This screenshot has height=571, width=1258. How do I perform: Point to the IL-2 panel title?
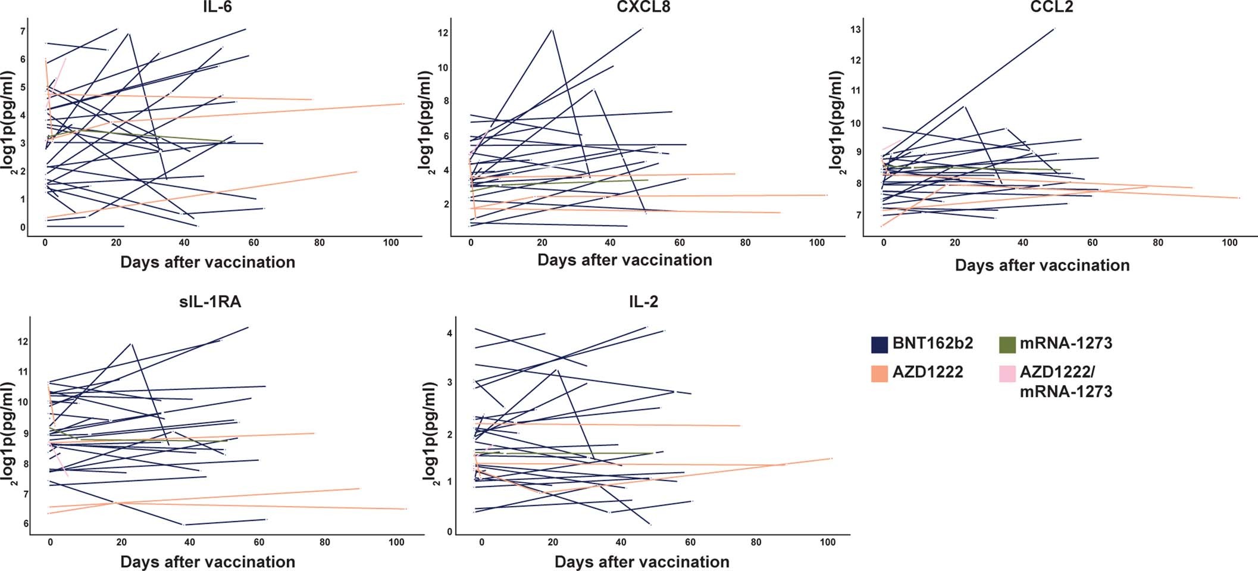click(x=643, y=302)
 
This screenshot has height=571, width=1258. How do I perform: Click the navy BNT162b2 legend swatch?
click(x=879, y=344)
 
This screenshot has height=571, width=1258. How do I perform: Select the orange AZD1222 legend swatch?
click(x=879, y=373)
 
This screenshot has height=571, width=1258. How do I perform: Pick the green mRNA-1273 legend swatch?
click(x=1007, y=344)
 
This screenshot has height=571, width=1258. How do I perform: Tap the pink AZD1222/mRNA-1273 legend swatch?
click(x=1007, y=373)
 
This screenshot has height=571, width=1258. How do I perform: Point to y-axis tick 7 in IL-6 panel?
click(x=23, y=31)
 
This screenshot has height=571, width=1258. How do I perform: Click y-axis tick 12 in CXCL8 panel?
click(x=443, y=33)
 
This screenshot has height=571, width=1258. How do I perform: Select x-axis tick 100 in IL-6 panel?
click(x=391, y=243)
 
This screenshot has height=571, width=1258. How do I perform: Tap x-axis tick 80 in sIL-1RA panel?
click(x=324, y=542)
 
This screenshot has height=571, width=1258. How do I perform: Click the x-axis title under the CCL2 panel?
click(x=1042, y=266)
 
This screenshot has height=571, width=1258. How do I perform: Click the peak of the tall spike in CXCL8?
click(x=552, y=29)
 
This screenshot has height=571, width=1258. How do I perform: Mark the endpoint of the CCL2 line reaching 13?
click(x=1054, y=28)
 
